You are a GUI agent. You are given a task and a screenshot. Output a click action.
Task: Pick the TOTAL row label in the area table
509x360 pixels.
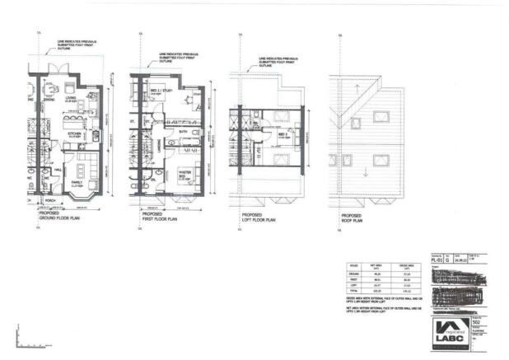pos(355,291)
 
